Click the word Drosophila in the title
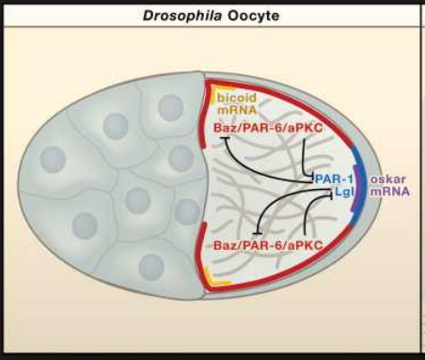click(x=182, y=15)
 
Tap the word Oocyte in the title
click(x=253, y=16)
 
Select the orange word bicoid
click(x=237, y=98)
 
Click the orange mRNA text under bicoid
click(x=237, y=110)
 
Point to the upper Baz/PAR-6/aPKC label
click(x=268, y=128)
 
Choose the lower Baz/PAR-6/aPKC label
click(x=268, y=245)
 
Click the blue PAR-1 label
click(x=334, y=179)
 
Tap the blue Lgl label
click(x=344, y=192)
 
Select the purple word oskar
click(x=388, y=180)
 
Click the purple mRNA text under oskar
click(x=390, y=191)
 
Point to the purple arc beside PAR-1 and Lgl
click(x=357, y=188)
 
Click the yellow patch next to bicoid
click(x=212, y=96)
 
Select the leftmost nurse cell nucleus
click(x=53, y=159)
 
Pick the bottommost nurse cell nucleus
click(x=151, y=267)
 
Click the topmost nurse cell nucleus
click(x=171, y=108)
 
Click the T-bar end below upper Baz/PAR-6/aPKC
click(x=226, y=137)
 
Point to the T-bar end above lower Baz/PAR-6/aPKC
click(x=257, y=233)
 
